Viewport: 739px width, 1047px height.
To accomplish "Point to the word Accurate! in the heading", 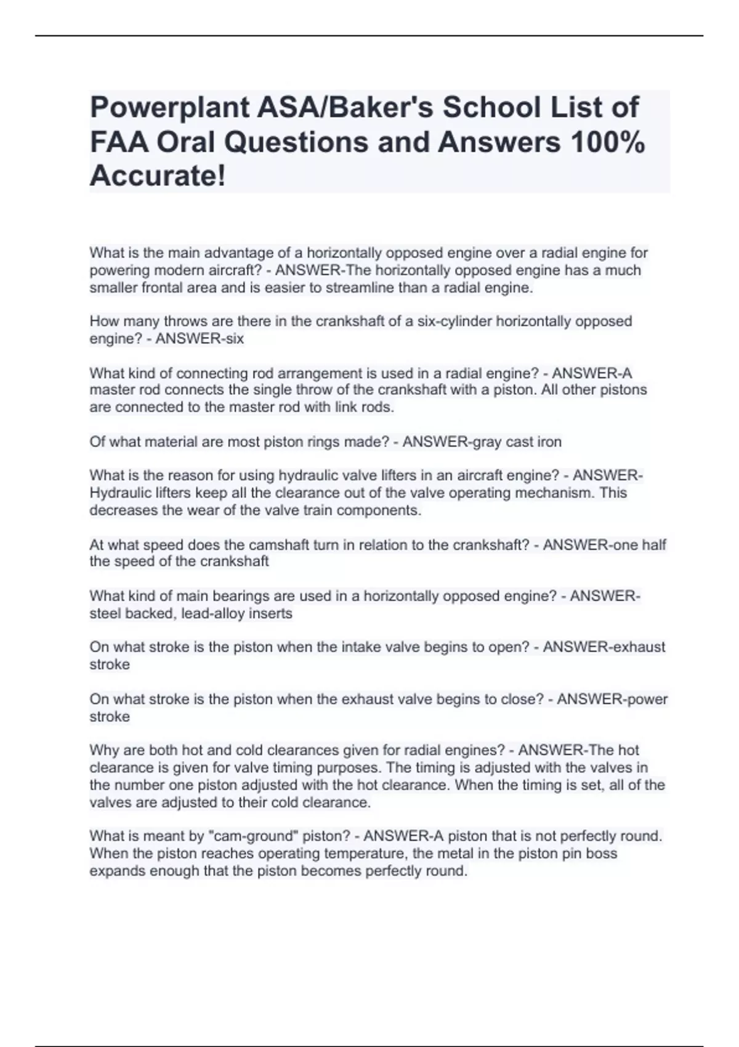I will [158, 177].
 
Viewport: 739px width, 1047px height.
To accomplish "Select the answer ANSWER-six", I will [200, 339].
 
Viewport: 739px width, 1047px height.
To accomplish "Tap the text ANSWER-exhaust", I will [604, 647].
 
